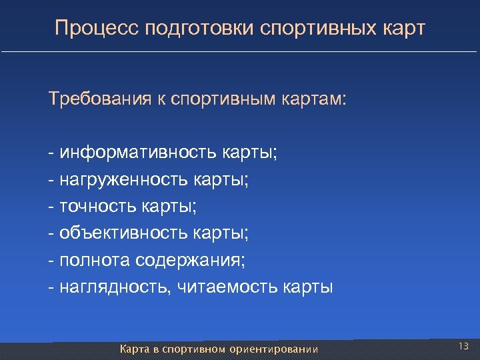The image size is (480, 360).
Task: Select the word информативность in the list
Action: point(137,153)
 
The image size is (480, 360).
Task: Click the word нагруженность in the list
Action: point(125,180)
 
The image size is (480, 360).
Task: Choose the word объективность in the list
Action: point(125,233)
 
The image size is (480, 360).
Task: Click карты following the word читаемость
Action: point(308,287)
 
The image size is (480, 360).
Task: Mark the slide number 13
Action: point(464,345)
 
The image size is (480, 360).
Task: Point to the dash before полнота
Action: point(51,260)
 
